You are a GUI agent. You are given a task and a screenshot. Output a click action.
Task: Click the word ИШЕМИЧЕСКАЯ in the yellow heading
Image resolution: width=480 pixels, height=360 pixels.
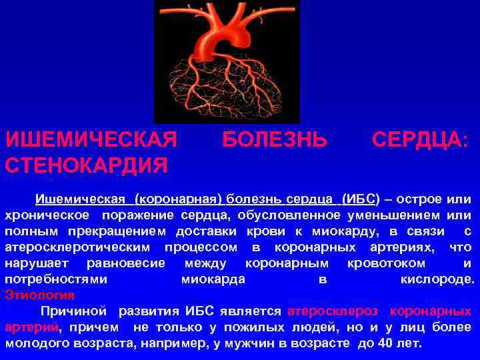coord(91,140)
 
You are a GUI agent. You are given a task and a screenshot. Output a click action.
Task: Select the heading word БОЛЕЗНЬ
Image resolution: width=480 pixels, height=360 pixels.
coord(274,140)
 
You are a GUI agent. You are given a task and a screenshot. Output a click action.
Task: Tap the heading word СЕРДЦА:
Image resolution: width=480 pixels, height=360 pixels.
coord(420,140)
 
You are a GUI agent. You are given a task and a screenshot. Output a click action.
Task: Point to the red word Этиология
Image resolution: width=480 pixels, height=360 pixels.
coord(39,294)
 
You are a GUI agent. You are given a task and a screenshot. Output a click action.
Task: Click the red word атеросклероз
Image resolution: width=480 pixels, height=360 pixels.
coord(333,311)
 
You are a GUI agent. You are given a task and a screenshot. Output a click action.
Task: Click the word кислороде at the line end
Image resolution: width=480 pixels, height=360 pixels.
coord(437,279)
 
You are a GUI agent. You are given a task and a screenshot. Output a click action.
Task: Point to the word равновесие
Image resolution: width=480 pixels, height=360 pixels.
coord(125,263)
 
